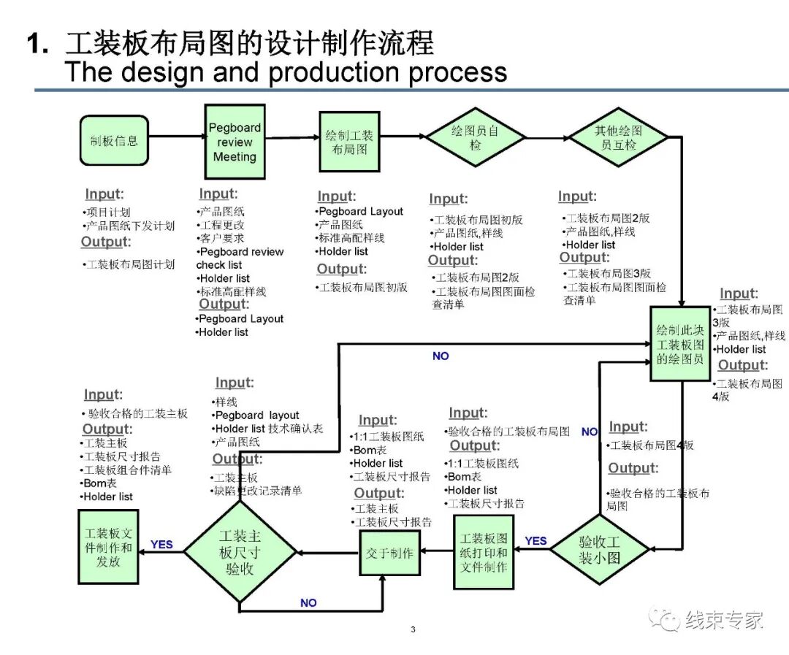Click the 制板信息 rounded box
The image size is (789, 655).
pos(114,140)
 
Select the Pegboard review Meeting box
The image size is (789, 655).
pos(234,142)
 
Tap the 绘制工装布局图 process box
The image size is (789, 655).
pos(349,142)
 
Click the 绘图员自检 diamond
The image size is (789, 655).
pos(476,137)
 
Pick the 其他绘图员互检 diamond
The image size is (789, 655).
pos(618,137)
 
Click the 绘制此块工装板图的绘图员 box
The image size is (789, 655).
pos(680,344)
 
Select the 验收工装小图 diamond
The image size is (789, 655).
pos(599,549)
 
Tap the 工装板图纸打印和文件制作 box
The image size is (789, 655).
pos(483,553)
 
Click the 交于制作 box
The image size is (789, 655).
pos(389,553)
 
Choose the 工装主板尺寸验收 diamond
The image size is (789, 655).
pos(240,553)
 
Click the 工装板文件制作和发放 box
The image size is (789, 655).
pos(108,547)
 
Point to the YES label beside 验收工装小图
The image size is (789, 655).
pos(535,541)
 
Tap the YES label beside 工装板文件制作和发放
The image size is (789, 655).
pos(161,544)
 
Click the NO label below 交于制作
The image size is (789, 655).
pos(308,603)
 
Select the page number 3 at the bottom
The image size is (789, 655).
pos(413,629)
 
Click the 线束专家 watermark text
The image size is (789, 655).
pos(723,621)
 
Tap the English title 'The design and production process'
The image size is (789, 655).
pos(286,72)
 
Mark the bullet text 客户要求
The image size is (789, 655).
pos(222,238)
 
